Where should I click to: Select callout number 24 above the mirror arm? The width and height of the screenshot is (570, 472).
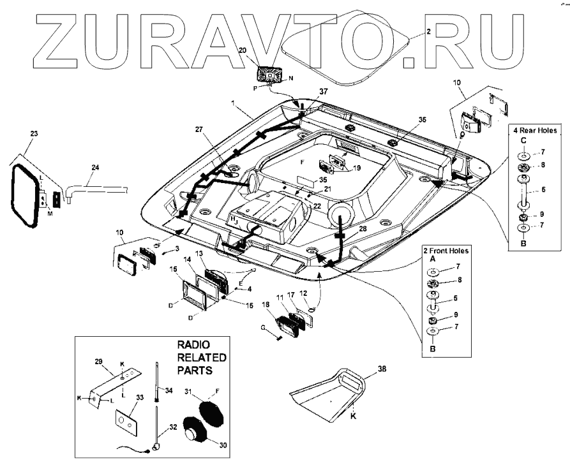click(x=95, y=168)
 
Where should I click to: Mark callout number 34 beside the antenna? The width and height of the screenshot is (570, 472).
click(x=169, y=390)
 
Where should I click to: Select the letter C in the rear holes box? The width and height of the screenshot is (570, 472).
click(x=522, y=140)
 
